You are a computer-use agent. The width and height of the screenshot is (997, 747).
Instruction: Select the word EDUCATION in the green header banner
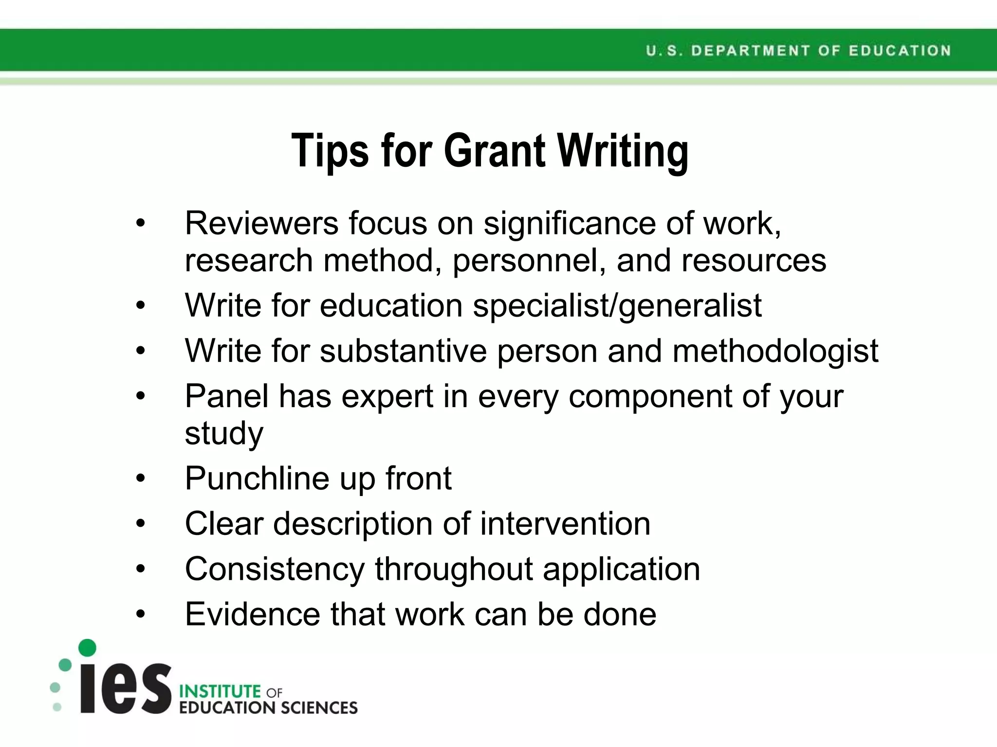click(900, 51)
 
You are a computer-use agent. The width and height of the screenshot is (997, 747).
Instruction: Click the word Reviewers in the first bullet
click(261, 223)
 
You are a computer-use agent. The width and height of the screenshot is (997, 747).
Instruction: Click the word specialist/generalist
click(617, 306)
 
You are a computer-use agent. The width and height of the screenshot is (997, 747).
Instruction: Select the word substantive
click(403, 351)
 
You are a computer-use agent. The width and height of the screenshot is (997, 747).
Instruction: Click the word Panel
click(226, 396)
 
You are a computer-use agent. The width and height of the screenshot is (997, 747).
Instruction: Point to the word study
click(224, 433)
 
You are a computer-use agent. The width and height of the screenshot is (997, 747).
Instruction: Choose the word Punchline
click(257, 479)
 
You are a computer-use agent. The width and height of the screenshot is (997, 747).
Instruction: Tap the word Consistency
click(275, 569)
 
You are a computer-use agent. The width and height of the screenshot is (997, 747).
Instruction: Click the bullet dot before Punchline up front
click(141, 479)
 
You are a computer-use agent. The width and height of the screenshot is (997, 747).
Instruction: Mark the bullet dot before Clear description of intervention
click(141, 524)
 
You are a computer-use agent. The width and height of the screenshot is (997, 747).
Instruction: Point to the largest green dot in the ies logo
click(87, 648)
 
